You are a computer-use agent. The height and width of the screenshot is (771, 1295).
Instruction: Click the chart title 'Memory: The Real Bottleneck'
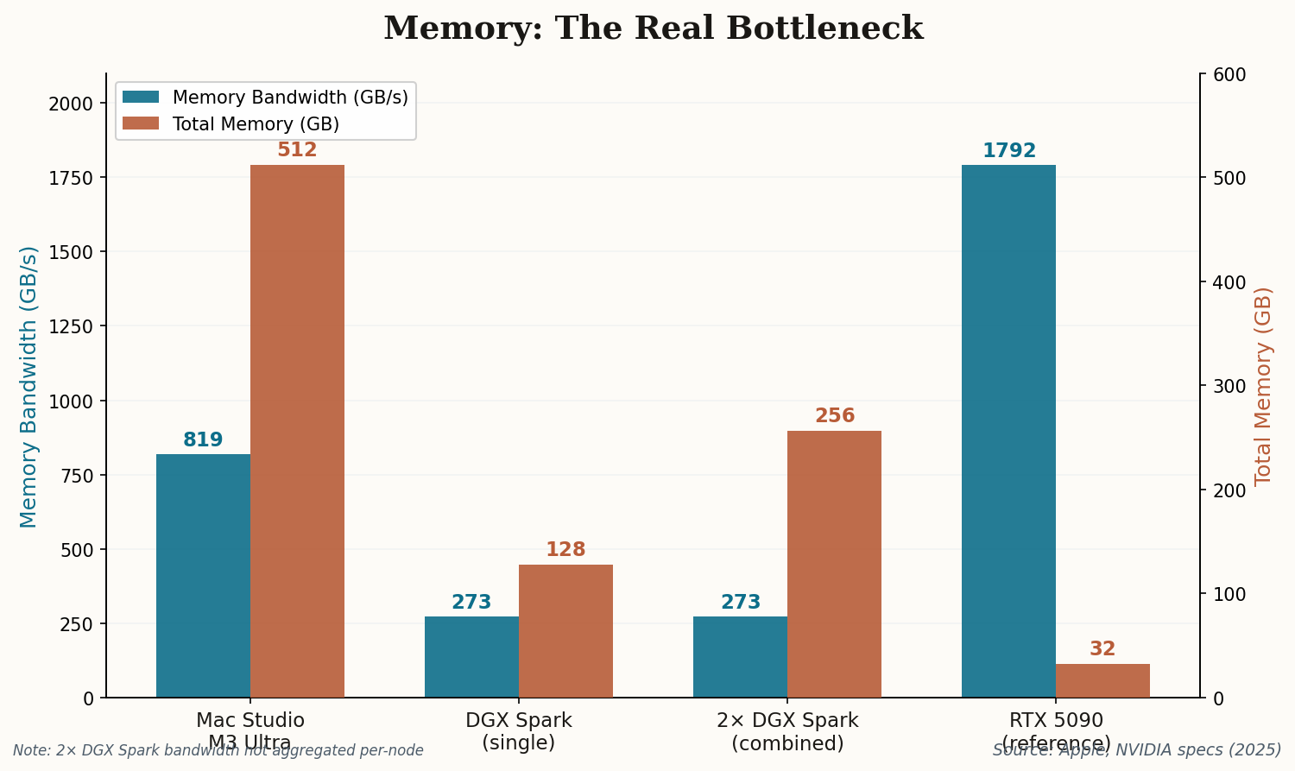[x=653, y=28]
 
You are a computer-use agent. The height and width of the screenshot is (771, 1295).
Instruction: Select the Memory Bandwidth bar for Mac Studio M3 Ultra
[x=203, y=576]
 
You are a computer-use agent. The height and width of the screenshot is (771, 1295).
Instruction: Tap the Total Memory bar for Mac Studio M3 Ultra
[x=297, y=431]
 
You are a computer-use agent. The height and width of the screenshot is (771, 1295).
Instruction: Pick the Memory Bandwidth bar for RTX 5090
[x=1008, y=431]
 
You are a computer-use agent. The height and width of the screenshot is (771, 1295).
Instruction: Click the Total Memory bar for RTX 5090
[x=1102, y=680]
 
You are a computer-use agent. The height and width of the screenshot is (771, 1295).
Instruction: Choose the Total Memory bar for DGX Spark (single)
[x=565, y=631]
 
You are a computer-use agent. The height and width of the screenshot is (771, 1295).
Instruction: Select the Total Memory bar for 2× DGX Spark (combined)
[x=834, y=564]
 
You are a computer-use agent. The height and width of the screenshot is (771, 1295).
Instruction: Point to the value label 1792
[x=1008, y=151]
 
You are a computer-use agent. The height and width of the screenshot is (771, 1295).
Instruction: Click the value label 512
[x=297, y=150]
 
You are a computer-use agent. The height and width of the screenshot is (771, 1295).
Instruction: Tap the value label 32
[x=1102, y=649]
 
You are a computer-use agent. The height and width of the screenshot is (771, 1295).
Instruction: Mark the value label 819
[x=203, y=440]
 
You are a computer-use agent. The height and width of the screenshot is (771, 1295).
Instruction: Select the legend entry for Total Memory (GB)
[x=256, y=124]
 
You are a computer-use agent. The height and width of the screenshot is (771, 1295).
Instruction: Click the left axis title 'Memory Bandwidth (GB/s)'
[x=28, y=386]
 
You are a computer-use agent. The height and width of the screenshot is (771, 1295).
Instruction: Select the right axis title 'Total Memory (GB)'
[x=1263, y=386]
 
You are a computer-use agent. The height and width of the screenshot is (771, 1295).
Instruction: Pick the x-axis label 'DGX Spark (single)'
[x=518, y=731]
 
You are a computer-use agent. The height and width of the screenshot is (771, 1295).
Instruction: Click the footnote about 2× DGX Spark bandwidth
[x=218, y=751]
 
